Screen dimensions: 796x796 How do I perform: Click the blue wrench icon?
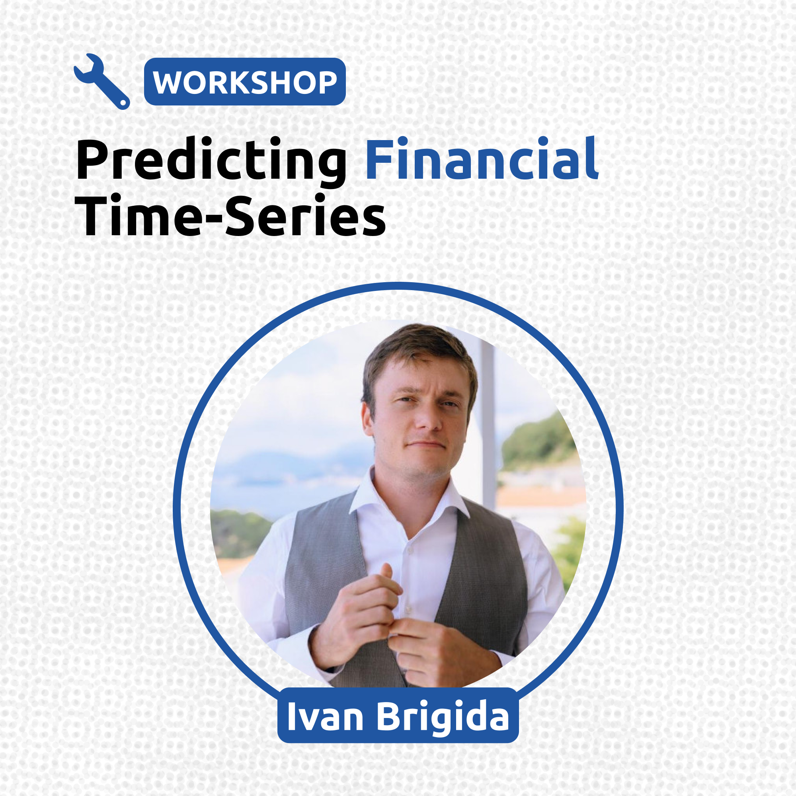(101, 82)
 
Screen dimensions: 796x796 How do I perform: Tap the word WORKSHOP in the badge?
(245, 82)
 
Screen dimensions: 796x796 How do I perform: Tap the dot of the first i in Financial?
(402, 141)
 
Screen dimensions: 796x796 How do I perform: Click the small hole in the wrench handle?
(122, 103)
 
